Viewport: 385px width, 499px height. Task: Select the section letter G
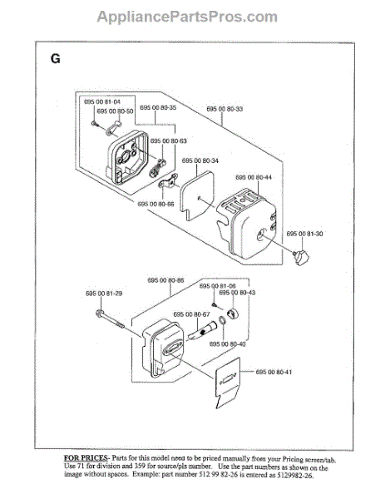point(55,59)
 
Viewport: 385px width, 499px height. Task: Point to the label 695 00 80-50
point(115,111)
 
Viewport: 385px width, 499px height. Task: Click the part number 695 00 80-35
point(157,108)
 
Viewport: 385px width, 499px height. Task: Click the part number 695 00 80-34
point(200,161)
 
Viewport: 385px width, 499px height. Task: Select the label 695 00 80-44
point(254,177)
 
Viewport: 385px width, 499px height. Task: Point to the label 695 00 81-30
point(305,234)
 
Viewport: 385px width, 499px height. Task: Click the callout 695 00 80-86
point(166,280)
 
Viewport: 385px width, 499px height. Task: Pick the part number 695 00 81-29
point(104,294)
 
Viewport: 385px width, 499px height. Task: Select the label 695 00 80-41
point(274,372)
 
